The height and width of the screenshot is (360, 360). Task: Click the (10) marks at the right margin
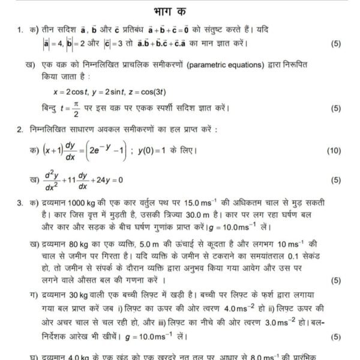(x=334, y=151)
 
